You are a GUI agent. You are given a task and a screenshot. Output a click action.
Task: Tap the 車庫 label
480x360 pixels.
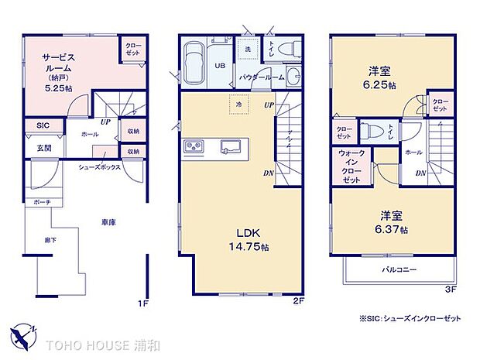[108, 222]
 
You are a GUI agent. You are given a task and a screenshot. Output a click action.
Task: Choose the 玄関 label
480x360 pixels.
[43, 147]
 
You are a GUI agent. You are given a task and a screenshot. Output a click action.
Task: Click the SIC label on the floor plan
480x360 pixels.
[42, 125]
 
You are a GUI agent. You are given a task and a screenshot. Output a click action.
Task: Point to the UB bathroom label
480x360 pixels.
[220, 65]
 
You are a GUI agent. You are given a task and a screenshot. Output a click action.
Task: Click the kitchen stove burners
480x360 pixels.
[193, 147]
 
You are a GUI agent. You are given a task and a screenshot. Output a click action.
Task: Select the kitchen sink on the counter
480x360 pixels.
[230, 146]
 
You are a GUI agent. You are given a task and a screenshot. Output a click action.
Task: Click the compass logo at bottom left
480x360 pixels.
[23, 334]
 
